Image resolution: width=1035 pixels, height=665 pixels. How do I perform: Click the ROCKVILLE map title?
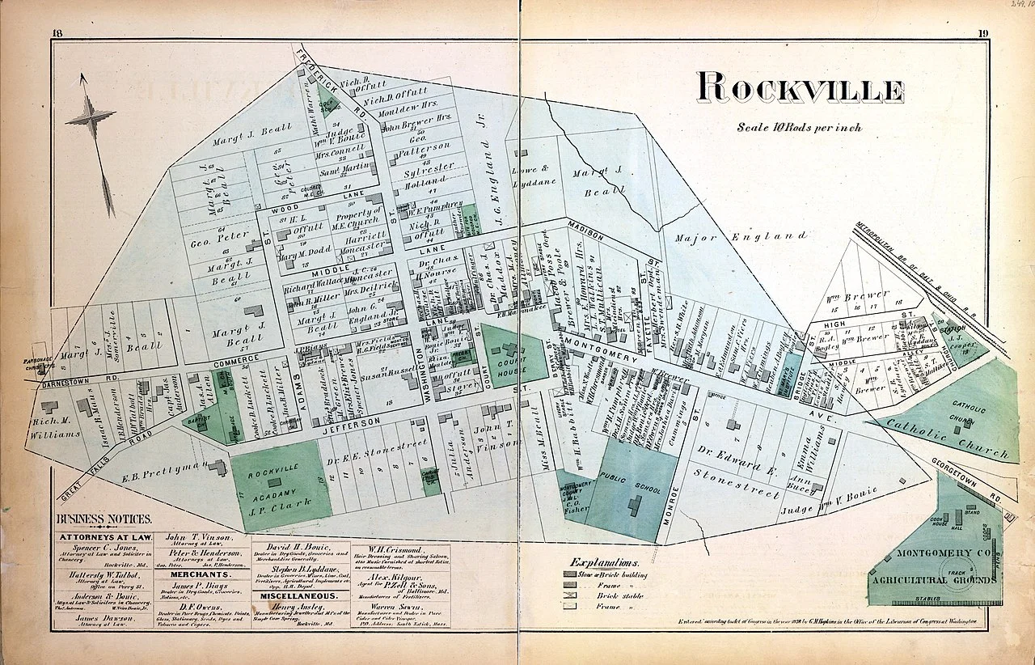(800, 88)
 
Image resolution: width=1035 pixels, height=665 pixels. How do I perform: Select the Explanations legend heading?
(603, 561)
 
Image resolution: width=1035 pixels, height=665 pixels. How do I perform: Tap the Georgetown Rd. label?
(979, 478)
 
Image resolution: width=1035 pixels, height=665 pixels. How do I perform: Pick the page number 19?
(982, 33)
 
